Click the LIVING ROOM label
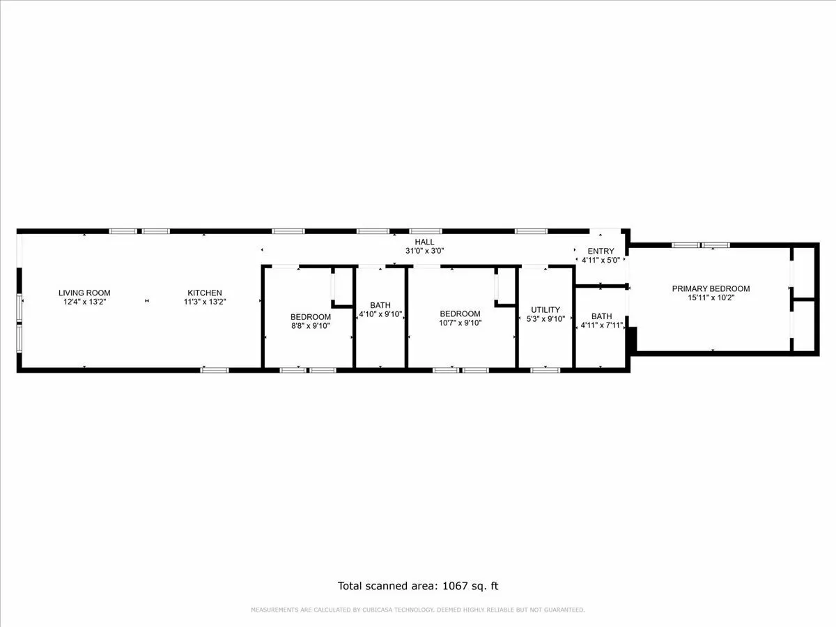(x=84, y=293)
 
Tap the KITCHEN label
(x=205, y=293)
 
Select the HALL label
(x=424, y=242)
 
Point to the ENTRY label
(x=601, y=251)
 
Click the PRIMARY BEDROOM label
(x=711, y=288)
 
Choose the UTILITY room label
(x=545, y=310)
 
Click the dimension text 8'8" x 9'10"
(x=311, y=325)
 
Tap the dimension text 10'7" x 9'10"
(x=460, y=323)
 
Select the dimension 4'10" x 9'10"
(x=380, y=314)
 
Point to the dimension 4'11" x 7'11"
(x=602, y=325)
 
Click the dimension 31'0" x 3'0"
(x=425, y=251)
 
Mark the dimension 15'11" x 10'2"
(x=711, y=297)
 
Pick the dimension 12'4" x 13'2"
(x=84, y=302)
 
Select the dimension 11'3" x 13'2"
(x=205, y=302)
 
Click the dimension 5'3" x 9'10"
(x=545, y=319)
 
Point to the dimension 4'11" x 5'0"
(x=601, y=261)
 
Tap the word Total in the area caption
(x=353, y=586)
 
